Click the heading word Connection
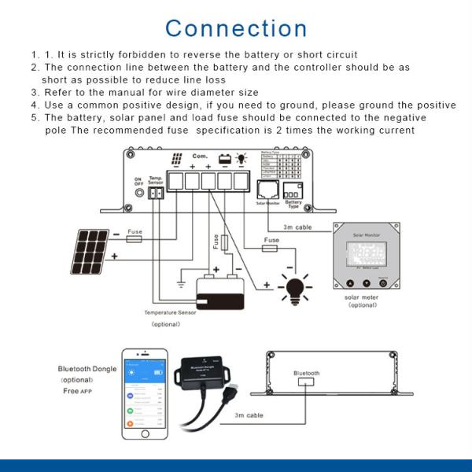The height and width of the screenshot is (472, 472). pos(236,28)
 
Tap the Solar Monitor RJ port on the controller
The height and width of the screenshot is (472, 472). pos(267,190)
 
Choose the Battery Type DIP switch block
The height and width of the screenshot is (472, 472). pos(293,192)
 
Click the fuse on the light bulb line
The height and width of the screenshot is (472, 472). pos(271,248)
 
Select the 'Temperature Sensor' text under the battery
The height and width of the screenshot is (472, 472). pos(170,312)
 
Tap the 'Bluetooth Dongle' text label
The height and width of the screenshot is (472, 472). pos(87,369)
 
